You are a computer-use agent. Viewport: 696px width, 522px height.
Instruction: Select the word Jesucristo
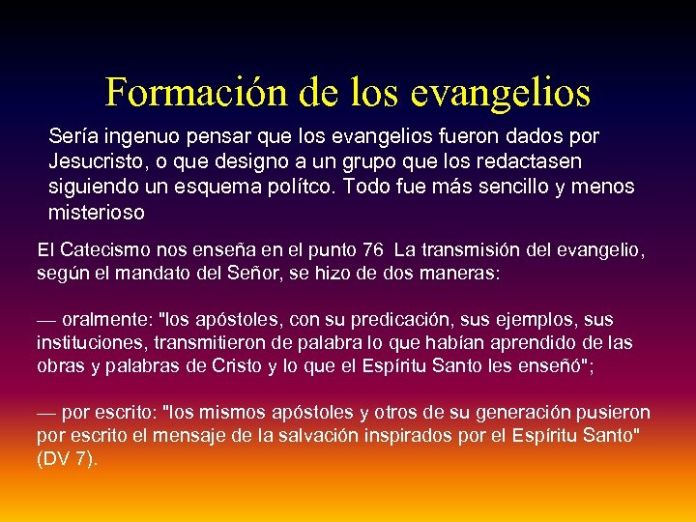click(x=94, y=160)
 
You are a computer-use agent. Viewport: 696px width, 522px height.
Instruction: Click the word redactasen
click(x=536, y=160)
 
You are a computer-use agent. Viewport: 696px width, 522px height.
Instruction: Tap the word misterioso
click(x=96, y=211)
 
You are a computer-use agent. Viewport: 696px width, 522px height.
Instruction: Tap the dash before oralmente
click(x=46, y=318)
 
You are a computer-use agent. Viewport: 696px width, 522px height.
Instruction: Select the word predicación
click(x=391, y=318)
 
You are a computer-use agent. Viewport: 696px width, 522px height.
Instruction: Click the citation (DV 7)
click(x=67, y=458)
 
